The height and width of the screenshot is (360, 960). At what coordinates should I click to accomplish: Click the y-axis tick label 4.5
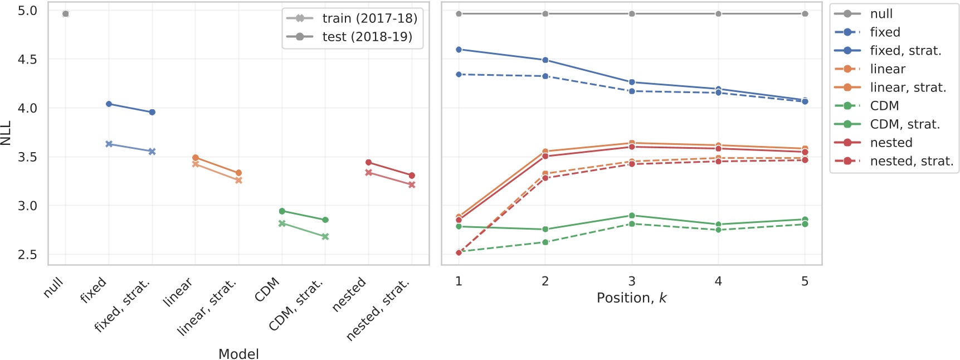tap(27, 59)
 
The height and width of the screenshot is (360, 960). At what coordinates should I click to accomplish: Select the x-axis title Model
tap(238, 354)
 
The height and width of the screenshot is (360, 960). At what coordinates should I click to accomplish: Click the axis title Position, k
tap(631, 298)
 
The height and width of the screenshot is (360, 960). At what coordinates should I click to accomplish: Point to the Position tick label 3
tap(631, 281)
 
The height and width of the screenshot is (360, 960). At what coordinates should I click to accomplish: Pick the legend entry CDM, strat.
tap(905, 124)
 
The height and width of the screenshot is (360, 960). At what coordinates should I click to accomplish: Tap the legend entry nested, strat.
tap(912, 161)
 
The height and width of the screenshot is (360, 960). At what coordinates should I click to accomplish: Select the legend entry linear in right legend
tap(888, 69)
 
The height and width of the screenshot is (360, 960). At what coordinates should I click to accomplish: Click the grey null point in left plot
tap(66, 14)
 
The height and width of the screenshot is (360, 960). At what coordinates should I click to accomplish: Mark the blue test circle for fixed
tap(109, 104)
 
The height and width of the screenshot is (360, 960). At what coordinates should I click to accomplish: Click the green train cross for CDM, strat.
tap(325, 237)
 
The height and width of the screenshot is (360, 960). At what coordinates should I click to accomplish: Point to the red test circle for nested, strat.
tap(412, 176)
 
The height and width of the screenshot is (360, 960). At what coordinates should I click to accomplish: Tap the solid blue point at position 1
tap(459, 50)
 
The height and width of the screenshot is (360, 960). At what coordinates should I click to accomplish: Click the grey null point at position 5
tap(805, 14)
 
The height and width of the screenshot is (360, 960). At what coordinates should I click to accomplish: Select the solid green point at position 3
tap(631, 216)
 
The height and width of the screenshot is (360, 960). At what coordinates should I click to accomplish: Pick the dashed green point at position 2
tap(545, 242)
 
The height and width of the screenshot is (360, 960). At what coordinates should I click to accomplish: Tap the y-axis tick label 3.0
tap(27, 206)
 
